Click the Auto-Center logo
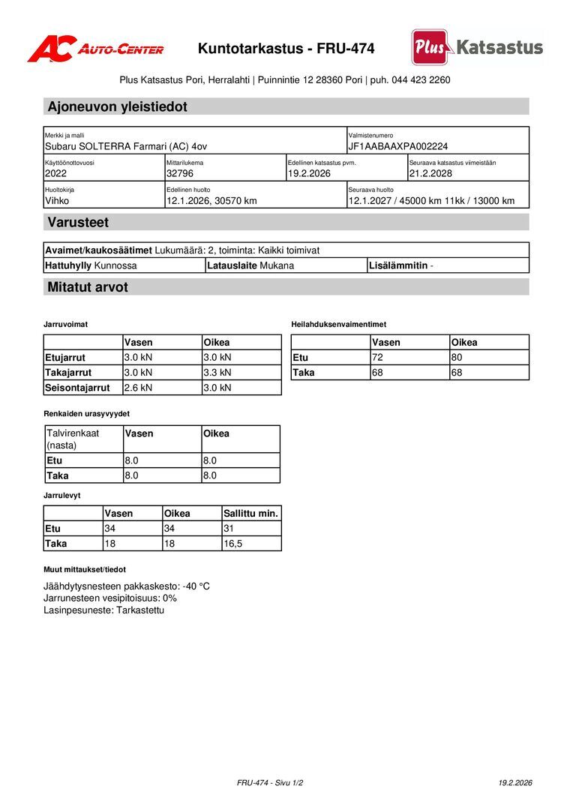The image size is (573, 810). pyautogui.click(x=95, y=49)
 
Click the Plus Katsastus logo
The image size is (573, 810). pyautogui.click(x=477, y=47)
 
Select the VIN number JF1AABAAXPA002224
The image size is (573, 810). pyautogui.click(x=397, y=146)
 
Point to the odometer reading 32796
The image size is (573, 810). pyautogui.click(x=180, y=173)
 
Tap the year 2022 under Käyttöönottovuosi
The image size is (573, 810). pyautogui.click(x=56, y=173)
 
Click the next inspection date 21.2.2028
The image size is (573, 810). pyautogui.click(x=430, y=173)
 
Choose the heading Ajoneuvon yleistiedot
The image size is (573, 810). pyautogui.click(x=117, y=106)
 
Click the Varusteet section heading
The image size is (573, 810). pyautogui.click(x=78, y=222)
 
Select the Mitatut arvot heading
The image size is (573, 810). pyautogui.click(x=87, y=287)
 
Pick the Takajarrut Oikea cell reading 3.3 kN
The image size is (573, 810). pyautogui.click(x=217, y=373)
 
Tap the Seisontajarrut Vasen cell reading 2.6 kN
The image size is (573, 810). pyautogui.click(x=138, y=388)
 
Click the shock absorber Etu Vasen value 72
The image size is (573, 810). pyautogui.click(x=378, y=358)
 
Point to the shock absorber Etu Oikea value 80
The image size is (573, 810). pyautogui.click(x=457, y=358)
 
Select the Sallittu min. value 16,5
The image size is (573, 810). pyautogui.click(x=233, y=544)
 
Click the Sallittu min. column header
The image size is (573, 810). pyautogui.click(x=251, y=514)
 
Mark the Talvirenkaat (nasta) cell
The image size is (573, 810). pyautogui.click(x=73, y=439)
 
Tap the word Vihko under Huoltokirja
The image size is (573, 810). pyautogui.click(x=57, y=201)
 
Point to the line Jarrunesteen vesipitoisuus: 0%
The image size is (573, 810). pyautogui.click(x=110, y=598)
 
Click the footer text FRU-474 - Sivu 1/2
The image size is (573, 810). pyautogui.click(x=270, y=783)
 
